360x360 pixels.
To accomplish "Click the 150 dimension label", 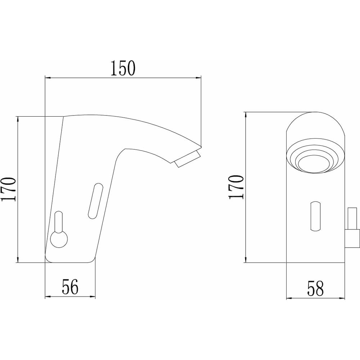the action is click(123, 68).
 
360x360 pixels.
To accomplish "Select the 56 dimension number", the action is click(70, 287).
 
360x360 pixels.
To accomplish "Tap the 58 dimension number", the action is click(315, 288).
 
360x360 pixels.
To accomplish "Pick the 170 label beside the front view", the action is click(236, 187).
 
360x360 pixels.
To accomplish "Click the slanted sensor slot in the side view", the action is click(95, 201).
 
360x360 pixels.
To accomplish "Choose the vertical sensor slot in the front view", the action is click(315, 216).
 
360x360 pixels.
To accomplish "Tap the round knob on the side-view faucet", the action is click(59, 239).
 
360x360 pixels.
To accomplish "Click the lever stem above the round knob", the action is click(59, 222).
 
